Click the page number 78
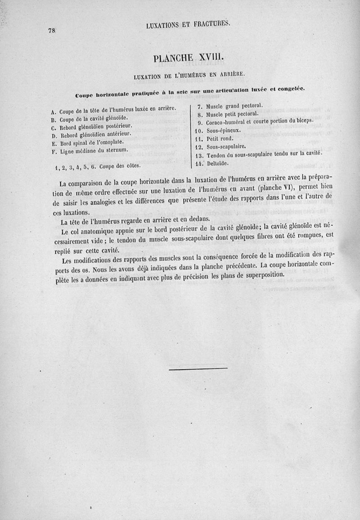51,31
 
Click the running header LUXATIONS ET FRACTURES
188,25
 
